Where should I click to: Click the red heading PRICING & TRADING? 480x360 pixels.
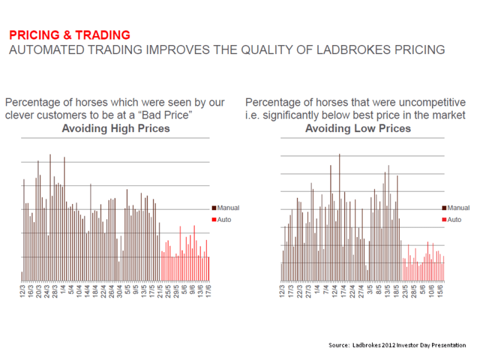pyautogui.click(x=70, y=35)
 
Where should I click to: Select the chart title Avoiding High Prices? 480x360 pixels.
pyautogui.click(x=116, y=128)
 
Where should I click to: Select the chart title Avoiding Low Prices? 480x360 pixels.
pyautogui.click(x=358, y=128)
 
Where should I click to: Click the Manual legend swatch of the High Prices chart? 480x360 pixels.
pyautogui.click(x=214, y=208)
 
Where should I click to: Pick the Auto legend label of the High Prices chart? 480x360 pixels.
pyautogui.click(x=224, y=220)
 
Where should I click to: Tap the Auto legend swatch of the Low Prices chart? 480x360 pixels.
pyautogui.click(x=444, y=220)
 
